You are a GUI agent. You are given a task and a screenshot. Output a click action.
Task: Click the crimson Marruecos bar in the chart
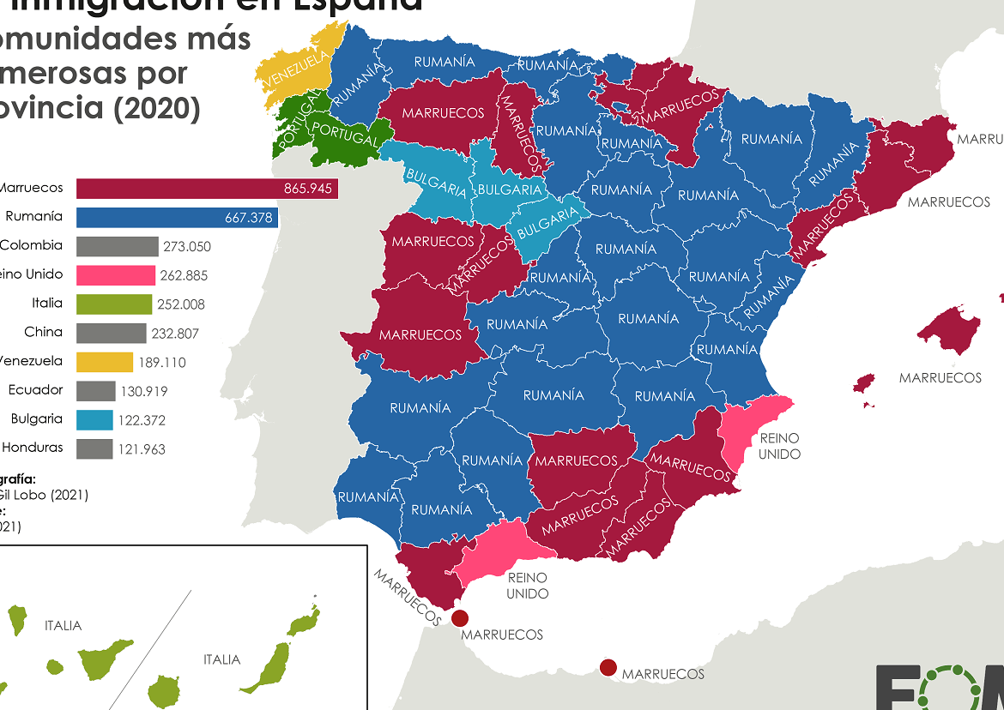pyautogui.click(x=206, y=189)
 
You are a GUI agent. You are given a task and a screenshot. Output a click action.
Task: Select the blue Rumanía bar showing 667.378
pyautogui.click(x=177, y=218)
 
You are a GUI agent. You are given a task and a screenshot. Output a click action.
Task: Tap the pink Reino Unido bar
pyautogui.click(x=116, y=275)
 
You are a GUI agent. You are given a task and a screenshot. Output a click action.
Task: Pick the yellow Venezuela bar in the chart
pyautogui.click(x=105, y=362)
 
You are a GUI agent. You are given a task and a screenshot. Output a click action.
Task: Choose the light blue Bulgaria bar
pyautogui.click(x=94, y=420)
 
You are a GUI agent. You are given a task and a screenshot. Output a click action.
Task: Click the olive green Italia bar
pyautogui.click(x=114, y=304)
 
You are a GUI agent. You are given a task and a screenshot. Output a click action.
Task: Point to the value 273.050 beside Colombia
pyautogui.click(x=186, y=247)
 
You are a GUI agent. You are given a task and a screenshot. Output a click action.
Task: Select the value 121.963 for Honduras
pyautogui.click(x=142, y=449)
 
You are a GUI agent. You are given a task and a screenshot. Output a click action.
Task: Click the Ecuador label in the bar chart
pyautogui.click(x=35, y=390)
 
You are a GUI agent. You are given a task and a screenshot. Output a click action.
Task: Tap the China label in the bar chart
pyautogui.click(x=43, y=332)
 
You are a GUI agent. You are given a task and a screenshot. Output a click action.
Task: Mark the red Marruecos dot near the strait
pyautogui.click(x=460, y=618)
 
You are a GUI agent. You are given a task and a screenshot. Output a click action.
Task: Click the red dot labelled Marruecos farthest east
pyautogui.click(x=608, y=667)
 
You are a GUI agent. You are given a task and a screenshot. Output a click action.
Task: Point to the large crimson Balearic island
pyautogui.click(x=953, y=330)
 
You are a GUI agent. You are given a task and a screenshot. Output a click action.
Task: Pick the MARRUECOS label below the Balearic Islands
pyautogui.click(x=940, y=378)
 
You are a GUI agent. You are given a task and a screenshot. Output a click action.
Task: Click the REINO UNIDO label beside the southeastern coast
pyautogui.click(x=779, y=446)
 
